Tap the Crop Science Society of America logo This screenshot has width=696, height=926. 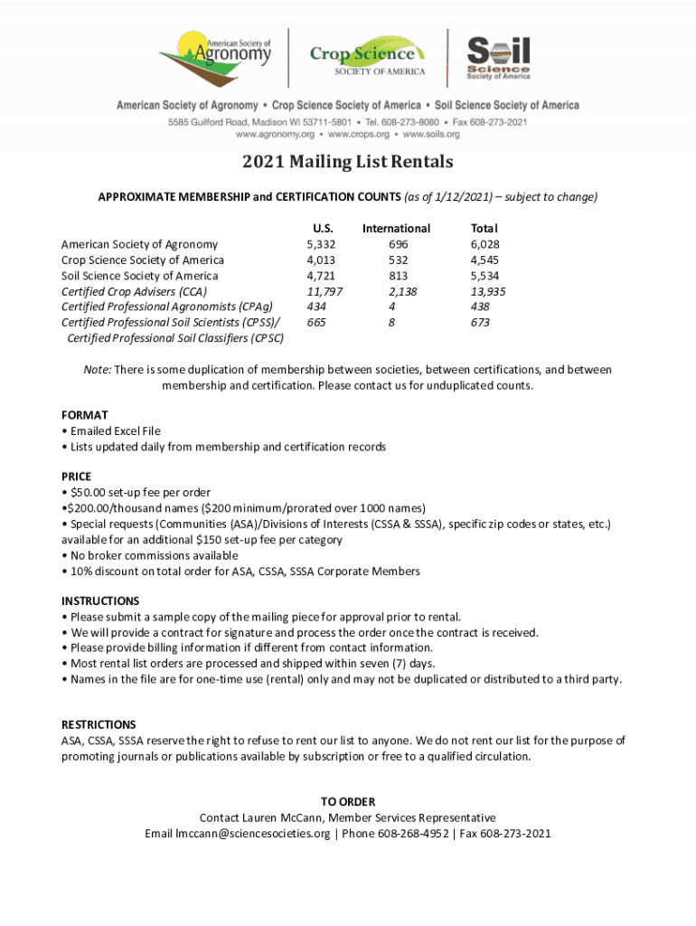click(x=367, y=59)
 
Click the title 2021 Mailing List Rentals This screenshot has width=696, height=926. click(x=347, y=163)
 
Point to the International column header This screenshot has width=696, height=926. click(x=396, y=229)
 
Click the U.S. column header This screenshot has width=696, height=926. click(x=322, y=229)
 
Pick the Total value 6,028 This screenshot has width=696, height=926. click(x=484, y=244)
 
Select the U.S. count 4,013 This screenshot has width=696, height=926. click(x=322, y=260)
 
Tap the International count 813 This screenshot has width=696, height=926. click(x=396, y=276)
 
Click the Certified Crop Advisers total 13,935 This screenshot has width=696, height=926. click(x=487, y=291)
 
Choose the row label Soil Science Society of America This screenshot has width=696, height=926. click(x=139, y=276)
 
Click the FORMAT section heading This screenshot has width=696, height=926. click(x=84, y=415)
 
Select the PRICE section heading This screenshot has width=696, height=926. click(x=76, y=477)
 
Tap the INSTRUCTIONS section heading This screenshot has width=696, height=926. click(x=100, y=600)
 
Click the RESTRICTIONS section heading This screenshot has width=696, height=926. click(x=99, y=724)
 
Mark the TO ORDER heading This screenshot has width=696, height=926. click(x=347, y=802)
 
